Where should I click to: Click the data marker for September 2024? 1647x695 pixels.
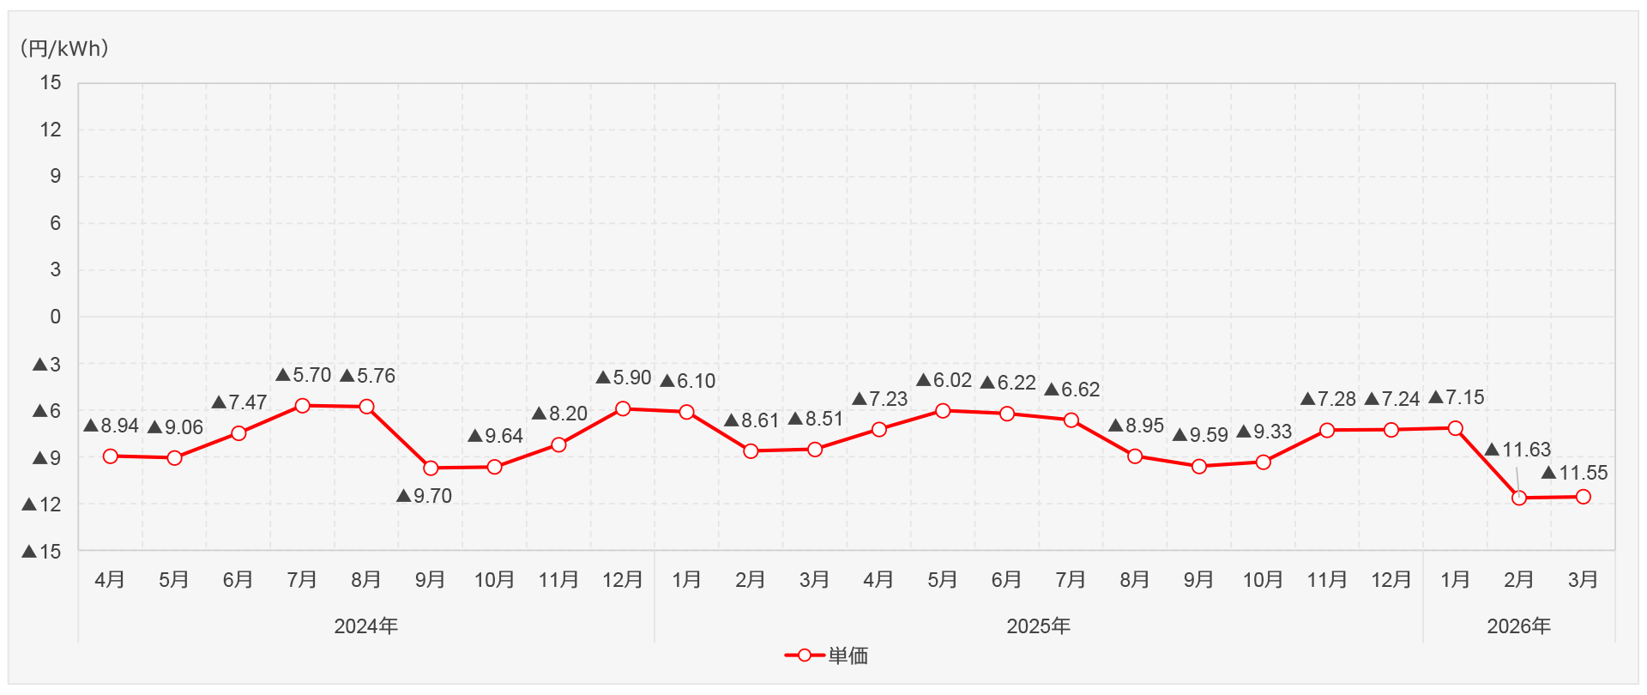[x=431, y=468]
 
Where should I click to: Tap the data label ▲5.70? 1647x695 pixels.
[x=304, y=375]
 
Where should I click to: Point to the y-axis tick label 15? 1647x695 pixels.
[x=51, y=83]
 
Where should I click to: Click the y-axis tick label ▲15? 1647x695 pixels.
[x=42, y=552]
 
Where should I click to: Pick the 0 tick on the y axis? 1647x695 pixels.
[x=55, y=317]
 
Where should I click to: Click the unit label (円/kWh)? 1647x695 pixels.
[x=64, y=49]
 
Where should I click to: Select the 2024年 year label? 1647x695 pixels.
[x=366, y=626]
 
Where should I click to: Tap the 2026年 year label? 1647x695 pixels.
[x=1518, y=626]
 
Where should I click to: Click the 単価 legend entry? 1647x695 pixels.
[x=827, y=656]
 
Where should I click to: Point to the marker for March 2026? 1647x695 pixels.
[x=1584, y=497]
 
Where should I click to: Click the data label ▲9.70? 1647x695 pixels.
[x=425, y=496]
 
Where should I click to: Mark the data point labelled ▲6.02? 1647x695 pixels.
[x=943, y=411]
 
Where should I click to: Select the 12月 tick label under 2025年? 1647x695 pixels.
[x=1391, y=580]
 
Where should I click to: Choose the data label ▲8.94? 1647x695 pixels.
[x=112, y=426]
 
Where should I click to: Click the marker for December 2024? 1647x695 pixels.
[x=623, y=409]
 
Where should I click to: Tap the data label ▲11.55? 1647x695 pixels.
[x=1575, y=473]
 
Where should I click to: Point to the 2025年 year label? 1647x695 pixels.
[x=1038, y=626]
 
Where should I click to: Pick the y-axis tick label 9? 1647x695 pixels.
[x=55, y=177]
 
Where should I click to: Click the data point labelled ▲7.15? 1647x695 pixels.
[x=1455, y=428]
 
